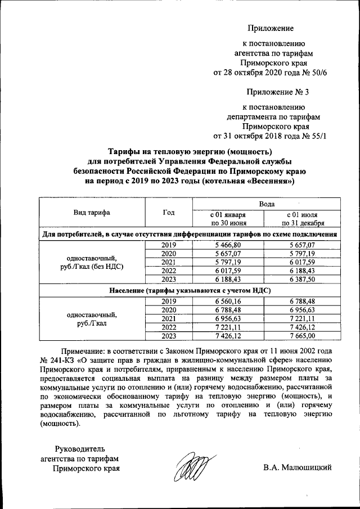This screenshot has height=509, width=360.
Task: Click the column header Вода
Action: [267, 203]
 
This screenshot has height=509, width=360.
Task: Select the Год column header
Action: [168, 213]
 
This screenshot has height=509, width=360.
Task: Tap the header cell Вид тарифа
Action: [91, 213]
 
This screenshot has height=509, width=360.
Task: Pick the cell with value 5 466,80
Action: [228, 245]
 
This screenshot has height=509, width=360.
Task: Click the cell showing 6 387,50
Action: [304, 279]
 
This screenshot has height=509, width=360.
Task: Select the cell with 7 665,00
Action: [304, 336]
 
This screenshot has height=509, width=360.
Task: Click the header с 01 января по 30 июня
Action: [228, 218]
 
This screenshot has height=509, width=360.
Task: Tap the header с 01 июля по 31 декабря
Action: [304, 218]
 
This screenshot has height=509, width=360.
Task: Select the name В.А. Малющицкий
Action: [298, 467]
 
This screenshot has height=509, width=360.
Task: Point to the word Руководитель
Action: [79, 448]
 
